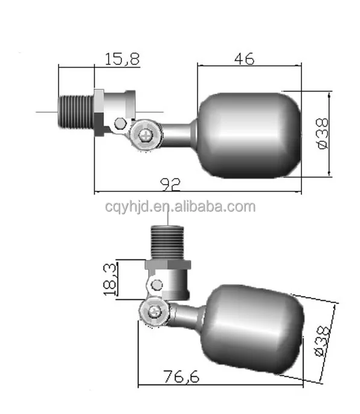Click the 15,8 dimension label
click(121, 59)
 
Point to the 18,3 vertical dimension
click(110, 279)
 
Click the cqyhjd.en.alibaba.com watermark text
click(179, 207)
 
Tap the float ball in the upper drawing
click(249, 135)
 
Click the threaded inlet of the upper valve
click(76, 112)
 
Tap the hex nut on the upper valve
click(98, 112)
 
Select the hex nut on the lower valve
click(169, 264)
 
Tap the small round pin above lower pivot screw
click(156, 284)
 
